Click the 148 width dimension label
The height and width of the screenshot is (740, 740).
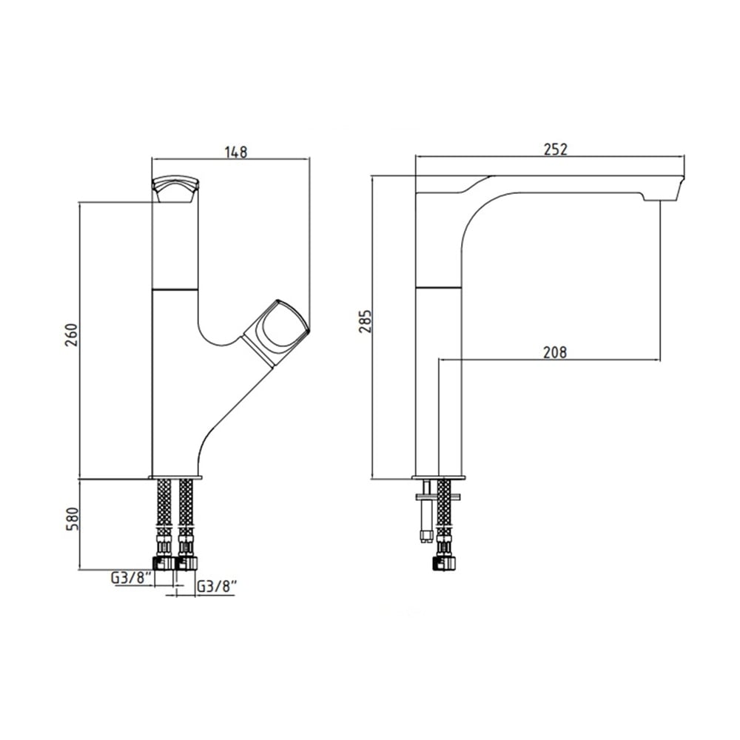(236, 152)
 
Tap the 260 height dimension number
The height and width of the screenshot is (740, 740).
(71, 335)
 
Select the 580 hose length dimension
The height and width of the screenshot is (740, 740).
(71, 519)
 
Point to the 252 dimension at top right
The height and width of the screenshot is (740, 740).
(555, 149)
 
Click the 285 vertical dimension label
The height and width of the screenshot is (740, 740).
(365, 321)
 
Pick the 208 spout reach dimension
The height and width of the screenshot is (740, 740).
(554, 352)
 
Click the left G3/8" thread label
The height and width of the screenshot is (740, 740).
(131, 578)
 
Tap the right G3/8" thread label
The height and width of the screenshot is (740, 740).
(216, 587)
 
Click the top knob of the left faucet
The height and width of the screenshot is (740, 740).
(175, 189)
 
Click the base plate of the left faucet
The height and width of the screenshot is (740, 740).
(175, 477)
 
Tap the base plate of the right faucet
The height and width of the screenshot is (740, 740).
(440, 477)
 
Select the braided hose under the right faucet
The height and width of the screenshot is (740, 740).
(443, 508)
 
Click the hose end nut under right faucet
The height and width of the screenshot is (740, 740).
(443, 562)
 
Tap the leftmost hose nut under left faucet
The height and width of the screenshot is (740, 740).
(164, 562)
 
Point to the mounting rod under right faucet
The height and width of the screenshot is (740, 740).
(427, 511)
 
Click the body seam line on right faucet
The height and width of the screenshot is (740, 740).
(438, 286)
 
